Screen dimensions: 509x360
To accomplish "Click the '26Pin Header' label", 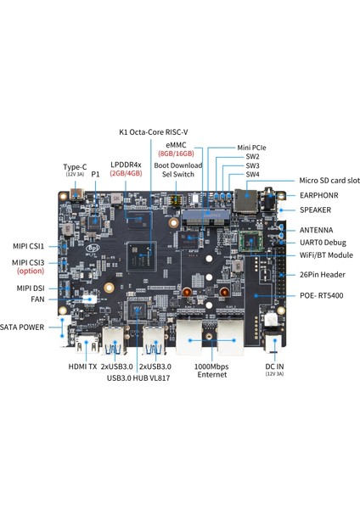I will (323, 274).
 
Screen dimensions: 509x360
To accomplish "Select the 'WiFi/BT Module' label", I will (326, 255).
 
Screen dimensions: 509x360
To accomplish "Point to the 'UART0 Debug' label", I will (323, 243).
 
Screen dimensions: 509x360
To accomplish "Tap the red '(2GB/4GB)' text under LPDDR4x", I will (126, 172).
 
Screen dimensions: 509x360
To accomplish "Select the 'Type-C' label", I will (76, 166).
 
